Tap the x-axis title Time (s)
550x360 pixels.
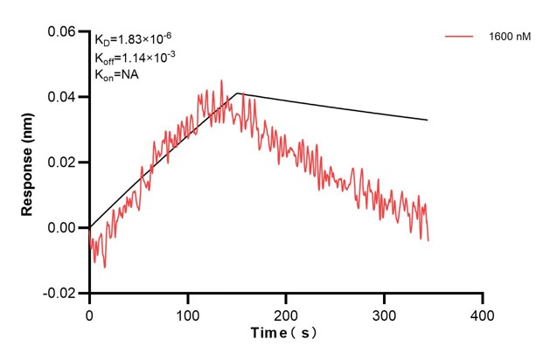[x=284, y=334]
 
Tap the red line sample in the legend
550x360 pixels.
[x=460, y=38]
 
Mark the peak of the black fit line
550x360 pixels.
[x=237, y=93]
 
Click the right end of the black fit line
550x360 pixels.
[x=428, y=120]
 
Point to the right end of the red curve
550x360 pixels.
[x=428, y=239]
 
